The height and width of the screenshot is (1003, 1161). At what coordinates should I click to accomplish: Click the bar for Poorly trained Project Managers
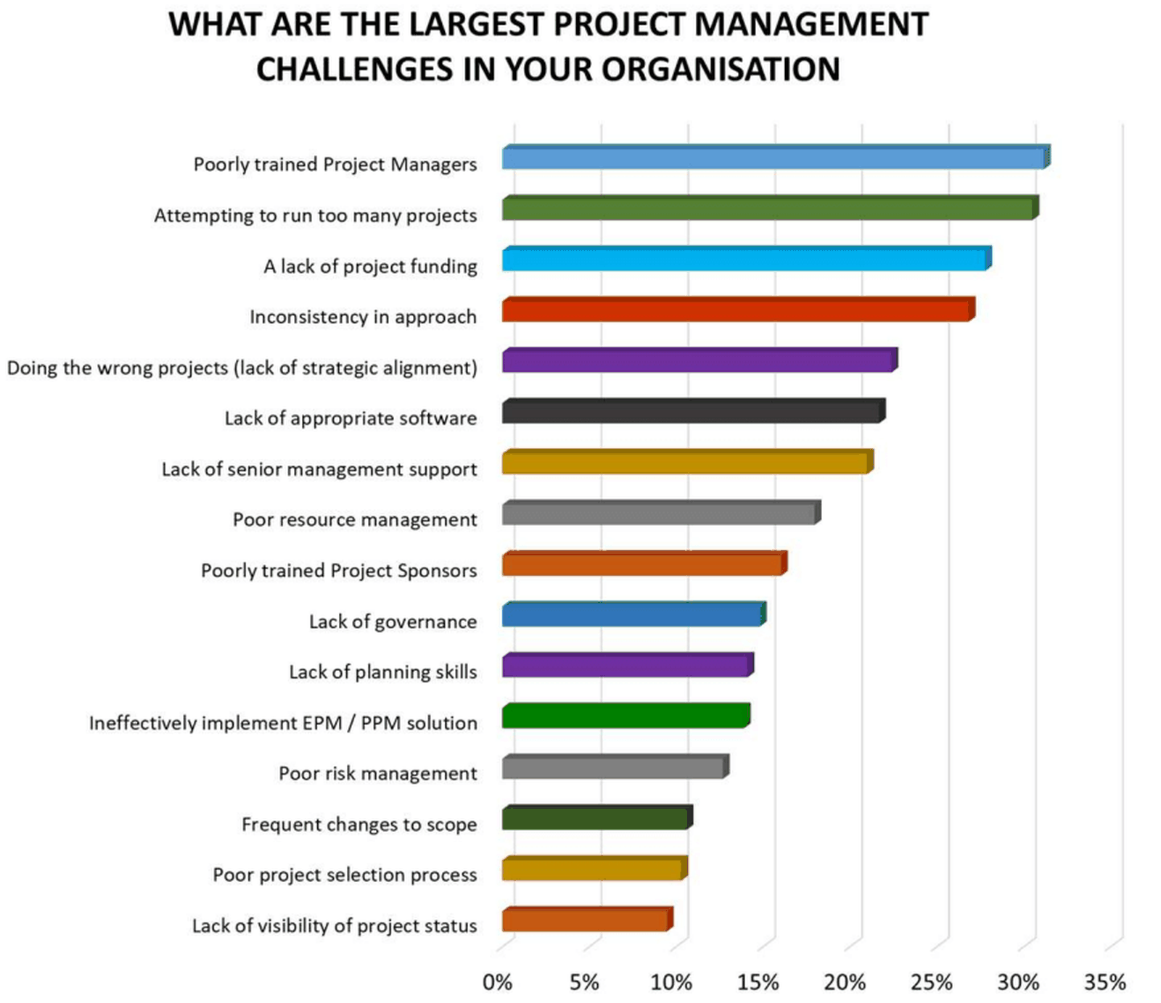[x=773, y=158]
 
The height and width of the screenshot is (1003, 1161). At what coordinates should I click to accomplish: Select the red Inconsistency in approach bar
[x=737, y=310]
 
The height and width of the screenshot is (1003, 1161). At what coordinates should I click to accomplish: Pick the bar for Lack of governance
[x=631, y=615]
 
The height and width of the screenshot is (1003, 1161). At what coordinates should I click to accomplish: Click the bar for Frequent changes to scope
[x=595, y=818]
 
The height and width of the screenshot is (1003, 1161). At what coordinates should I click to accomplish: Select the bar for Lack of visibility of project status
[x=585, y=920]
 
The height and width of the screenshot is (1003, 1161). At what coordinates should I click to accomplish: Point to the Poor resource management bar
[x=659, y=513]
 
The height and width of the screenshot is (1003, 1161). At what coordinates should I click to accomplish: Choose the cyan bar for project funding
[x=744, y=260]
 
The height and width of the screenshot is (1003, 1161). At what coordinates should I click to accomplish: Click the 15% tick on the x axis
[x=758, y=982]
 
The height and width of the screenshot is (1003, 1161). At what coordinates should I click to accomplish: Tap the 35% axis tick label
[x=1104, y=982]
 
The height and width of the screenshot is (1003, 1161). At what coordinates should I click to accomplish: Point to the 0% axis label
[x=498, y=982]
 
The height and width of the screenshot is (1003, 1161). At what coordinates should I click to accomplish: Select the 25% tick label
[x=931, y=982]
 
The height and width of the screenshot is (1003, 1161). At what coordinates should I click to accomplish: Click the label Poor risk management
[x=377, y=774]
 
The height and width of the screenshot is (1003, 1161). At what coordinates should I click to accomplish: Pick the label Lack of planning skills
[x=382, y=672]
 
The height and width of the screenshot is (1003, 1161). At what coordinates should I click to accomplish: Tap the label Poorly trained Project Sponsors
[x=339, y=571]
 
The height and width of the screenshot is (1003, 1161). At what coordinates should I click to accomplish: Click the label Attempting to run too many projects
[x=315, y=215]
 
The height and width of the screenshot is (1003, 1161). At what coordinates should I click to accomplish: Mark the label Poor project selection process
[x=345, y=875]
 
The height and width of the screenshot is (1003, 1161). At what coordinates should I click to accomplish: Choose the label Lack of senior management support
[x=319, y=469]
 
